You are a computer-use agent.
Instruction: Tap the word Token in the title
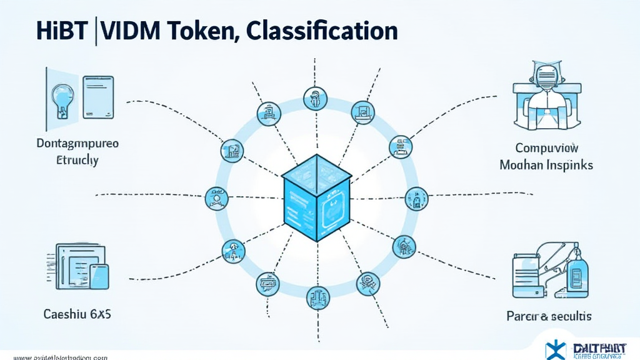(202, 32)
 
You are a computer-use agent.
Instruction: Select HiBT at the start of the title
(61, 32)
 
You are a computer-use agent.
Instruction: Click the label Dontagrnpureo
(78, 143)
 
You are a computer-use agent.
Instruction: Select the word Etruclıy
(74, 161)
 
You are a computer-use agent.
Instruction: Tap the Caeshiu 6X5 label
(77, 314)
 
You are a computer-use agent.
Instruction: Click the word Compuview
(547, 149)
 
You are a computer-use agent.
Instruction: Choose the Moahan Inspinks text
(546, 166)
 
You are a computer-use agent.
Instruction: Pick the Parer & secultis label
(549, 316)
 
